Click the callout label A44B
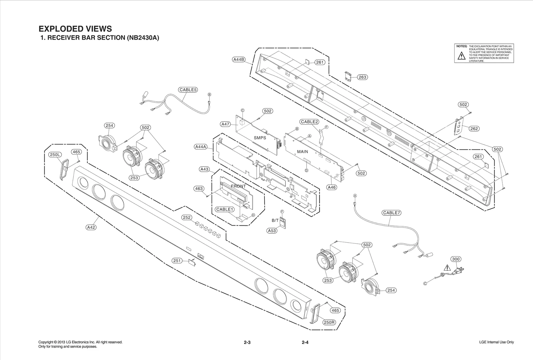tap(239, 60)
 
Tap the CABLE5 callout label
tap(188, 90)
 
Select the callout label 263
tap(362, 77)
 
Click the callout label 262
tap(474, 129)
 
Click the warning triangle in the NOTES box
tap(461, 56)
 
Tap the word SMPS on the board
tap(260, 138)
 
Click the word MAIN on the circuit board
tap(302, 152)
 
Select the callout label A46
tap(331, 187)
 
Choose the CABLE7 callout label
tap(391, 213)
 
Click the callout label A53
tap(272, 231)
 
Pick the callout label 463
tap(199, 189)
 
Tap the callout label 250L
tap(55, 155)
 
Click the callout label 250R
tap(329, 322)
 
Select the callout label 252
tap(187, 217)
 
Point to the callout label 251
tap(177, 261)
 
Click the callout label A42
tap(91, 227)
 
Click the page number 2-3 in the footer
tap(247, 342)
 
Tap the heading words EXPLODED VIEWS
tap(75, 29)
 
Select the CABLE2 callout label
tap(309, 122)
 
